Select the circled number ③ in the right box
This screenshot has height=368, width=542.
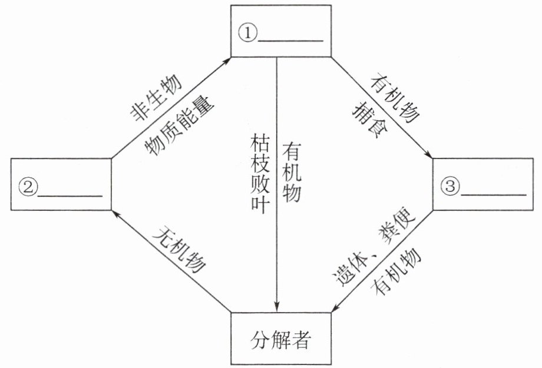pyautogui.click(x=450, y=187)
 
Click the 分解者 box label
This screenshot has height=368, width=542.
pyautogui.click(x=280, y=340)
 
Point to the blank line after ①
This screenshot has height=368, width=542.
pyautogui.click(x=290, y=41)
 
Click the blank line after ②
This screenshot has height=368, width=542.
pyautogui.click(x=70, y=195)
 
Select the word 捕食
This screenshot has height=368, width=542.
pyautogui.click(x=370, y=120)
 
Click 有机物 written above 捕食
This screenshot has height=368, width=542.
pyautogui.click(x=395, y=98)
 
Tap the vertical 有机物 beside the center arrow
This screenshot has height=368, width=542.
pyautogui.click(x=292, y=172)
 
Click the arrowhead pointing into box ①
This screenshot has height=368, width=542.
pyautogui.click(x=226, y=61)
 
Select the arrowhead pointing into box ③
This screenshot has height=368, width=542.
pyautogui.click(x=428, y=154)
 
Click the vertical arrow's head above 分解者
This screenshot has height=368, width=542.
pyautogui.click(x=276, y=307)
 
